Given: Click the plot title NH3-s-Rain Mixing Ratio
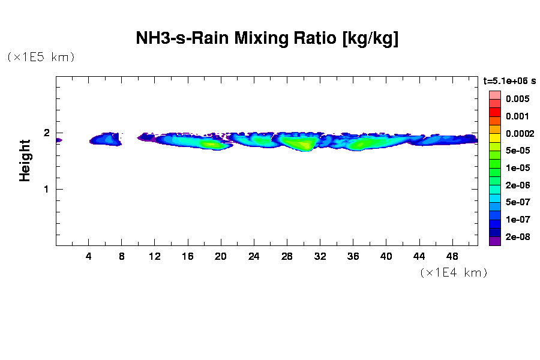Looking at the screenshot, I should click(268, 39).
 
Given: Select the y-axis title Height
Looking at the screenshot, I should click(25, 160).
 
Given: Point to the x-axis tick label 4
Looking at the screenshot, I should click(89, 256).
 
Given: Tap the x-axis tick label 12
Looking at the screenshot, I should click(155, 256).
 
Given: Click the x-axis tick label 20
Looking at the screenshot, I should click(221, 256).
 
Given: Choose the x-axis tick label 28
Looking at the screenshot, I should click(287, 256).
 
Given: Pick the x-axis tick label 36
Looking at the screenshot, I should click(353, 256).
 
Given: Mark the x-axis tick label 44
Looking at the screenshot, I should click(419, 256).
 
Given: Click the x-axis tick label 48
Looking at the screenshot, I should click(452, 256).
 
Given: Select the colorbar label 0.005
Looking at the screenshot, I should click(517, 98).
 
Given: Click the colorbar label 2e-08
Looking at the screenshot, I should click(517, 237).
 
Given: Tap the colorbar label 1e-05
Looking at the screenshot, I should click(517, 167).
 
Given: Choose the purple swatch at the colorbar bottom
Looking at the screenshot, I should click(494, 241).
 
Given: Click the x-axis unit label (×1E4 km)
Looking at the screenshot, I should click(454, 273).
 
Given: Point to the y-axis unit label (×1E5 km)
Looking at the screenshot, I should click(41, 58).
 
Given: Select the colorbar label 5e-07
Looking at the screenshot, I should click(517, 202).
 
